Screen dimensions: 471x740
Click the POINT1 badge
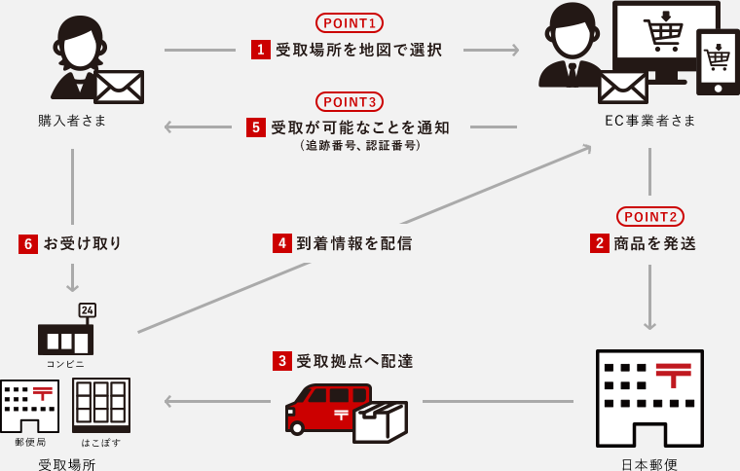coord(349,22)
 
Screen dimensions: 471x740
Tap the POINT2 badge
coord(649,216)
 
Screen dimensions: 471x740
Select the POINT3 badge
coord(349,101)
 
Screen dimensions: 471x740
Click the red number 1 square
coord(261,50)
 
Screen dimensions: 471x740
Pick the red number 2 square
coord(600,243)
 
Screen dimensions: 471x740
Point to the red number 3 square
coord(282,361)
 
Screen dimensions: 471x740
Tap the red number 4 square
coord(282,243)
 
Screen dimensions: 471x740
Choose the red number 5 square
coord(256,127)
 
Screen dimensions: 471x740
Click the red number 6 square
coord(28,243)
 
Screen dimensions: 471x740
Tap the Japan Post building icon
coord(649,398)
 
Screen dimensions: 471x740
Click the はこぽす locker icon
coord(101,405)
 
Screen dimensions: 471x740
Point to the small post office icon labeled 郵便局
coord(29,406)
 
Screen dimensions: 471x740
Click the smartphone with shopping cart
coord(718,61)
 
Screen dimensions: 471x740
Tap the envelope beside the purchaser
coord(119,87)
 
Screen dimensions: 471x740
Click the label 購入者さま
coord(72,121)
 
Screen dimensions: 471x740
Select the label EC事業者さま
coord(650,121)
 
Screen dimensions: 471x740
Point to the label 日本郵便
coord(649,464)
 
